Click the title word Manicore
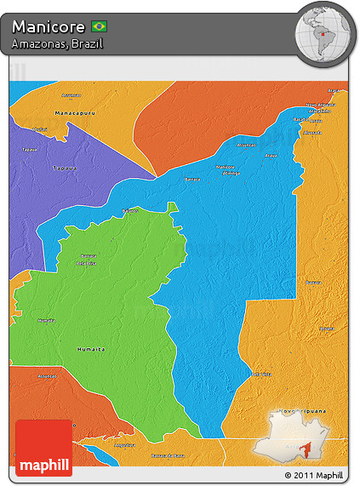click(49, 27)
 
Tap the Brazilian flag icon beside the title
click(99, 27)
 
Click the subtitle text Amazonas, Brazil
click(57, 43)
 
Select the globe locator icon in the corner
click(324, 34)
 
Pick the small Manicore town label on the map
click(225, 167)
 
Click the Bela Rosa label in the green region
click(87, 263)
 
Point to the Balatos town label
click(130, 209)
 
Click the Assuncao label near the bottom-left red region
click(48, 375)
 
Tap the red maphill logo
click(44, 447)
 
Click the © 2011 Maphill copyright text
click(314, 475)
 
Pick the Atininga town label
click(319, 111)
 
